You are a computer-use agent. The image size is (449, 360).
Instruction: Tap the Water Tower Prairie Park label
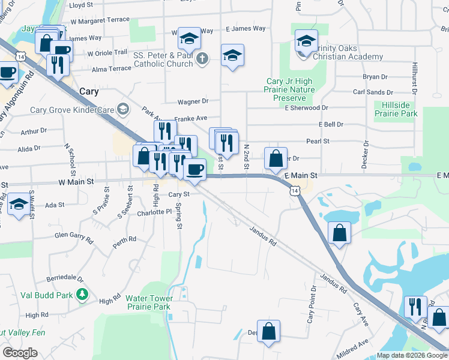click(148, 302)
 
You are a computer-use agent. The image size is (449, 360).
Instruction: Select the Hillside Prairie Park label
click(396, 109)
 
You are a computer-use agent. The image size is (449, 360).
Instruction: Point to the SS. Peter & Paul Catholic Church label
click(163, 59)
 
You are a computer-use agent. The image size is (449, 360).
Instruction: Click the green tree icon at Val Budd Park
click(83, 295)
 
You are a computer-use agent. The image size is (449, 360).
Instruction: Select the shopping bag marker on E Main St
click(276, 160)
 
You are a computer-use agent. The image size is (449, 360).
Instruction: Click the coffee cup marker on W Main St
click(194, 170)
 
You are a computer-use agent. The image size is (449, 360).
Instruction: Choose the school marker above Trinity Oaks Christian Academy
click(306, 41)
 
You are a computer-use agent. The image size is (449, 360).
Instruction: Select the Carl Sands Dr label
click(373, 92)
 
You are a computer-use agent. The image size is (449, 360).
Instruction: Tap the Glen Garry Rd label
click(74, 237)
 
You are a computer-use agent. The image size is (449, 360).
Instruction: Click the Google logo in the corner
click(20, 353)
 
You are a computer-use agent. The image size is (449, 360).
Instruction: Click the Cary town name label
click(89, 91)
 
